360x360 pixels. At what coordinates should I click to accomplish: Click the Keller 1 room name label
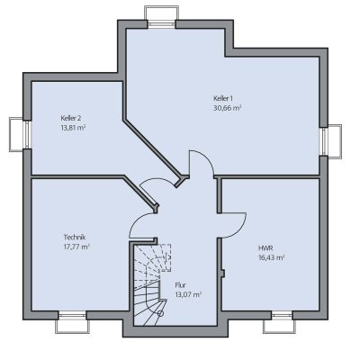(223, 98)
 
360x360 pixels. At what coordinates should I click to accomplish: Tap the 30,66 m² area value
(228, 108)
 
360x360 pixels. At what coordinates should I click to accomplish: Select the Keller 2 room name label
(71, 118)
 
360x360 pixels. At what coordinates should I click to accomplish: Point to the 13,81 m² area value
(73, 128)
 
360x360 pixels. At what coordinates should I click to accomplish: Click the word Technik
(75, 238)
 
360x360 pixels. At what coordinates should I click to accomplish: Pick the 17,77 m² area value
(76, 247)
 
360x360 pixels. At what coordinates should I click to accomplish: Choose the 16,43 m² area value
(272, 257)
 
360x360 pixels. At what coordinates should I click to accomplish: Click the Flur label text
(181, 285)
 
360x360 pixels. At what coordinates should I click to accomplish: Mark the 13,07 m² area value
(188, 294)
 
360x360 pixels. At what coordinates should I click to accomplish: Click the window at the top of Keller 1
(161, 17)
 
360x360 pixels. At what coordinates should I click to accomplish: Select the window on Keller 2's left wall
(20, 134)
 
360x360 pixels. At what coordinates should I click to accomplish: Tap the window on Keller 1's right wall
(330, 141)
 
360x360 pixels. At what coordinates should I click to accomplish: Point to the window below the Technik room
(72, 322)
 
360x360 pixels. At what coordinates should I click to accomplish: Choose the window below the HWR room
(279, 322)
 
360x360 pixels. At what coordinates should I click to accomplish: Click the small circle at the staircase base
(161, 314)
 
